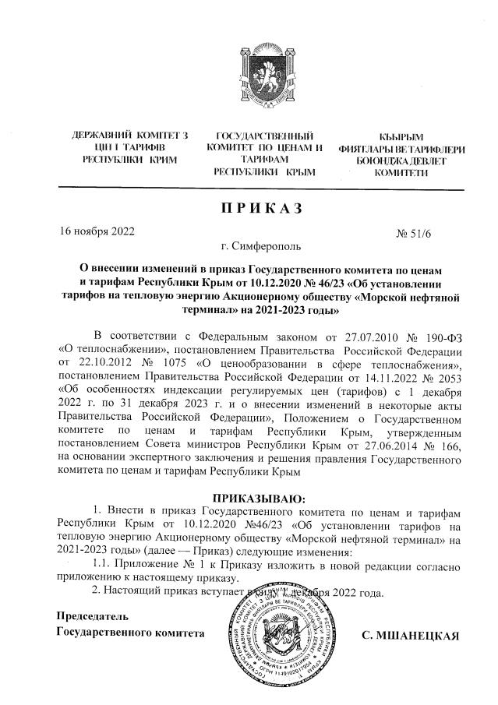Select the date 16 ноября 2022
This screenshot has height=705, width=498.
tap(98, 231)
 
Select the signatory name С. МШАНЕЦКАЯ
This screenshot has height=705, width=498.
tap(411, 636)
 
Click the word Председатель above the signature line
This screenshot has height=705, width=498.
tap(91, 617)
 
